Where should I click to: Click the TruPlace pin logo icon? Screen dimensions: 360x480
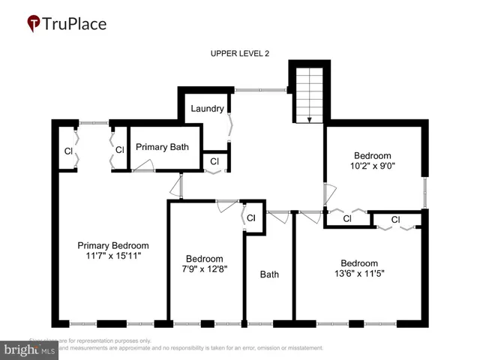pos(34,24)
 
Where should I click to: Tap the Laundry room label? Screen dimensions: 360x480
pos(207,109)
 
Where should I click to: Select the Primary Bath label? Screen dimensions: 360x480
pos(162,147)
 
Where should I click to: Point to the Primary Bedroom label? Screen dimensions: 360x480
pos(113,245)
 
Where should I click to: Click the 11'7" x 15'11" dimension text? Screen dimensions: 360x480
pos(113,256)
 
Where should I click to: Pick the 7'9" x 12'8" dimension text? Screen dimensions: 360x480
pos(205,269)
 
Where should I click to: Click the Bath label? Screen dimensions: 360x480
pos(269,274)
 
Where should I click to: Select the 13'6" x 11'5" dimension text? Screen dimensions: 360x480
pos(358,274)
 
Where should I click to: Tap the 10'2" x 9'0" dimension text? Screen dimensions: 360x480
pos(372,165)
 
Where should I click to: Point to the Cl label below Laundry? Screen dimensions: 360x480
pos(214,161)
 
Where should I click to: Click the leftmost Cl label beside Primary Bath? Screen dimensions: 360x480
pos(68,151)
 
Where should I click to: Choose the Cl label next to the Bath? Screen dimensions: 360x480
pos(251,218)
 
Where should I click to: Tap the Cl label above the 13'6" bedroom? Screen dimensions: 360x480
pos(396,220)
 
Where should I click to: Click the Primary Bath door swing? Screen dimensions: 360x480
pos(143,167)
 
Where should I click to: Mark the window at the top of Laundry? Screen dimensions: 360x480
pos(260,91)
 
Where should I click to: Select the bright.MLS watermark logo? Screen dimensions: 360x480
pos(30,349)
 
